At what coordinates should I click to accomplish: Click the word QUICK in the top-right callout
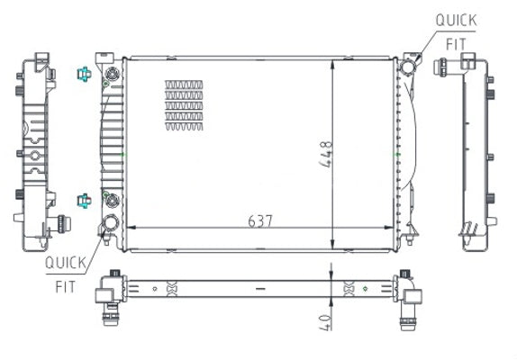tap(457, 19)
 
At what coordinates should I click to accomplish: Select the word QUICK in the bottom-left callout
tap(65, 263)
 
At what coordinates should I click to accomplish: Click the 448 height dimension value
tap(326, 155)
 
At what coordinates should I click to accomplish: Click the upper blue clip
tap(83, 74)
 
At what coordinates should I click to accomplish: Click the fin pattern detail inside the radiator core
tap(184, 105)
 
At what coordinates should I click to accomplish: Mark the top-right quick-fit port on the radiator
tap(410, 66)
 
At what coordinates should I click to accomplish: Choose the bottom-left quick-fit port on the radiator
tap(111, 225)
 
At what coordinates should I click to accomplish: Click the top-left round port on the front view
tap(112, 73)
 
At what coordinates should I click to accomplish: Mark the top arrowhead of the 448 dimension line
tap(334, 62)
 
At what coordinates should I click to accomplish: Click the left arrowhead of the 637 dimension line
tap(128, 226)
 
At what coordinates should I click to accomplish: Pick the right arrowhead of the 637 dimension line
tap(394, 226)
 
